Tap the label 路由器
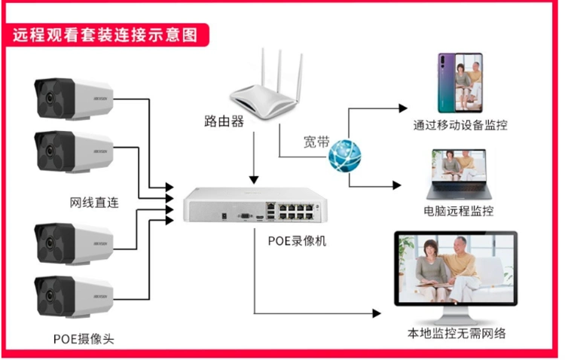tap(224, 121)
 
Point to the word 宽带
tap(316, 141)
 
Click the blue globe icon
tap(347, 156)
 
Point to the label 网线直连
tap(94, 202)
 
